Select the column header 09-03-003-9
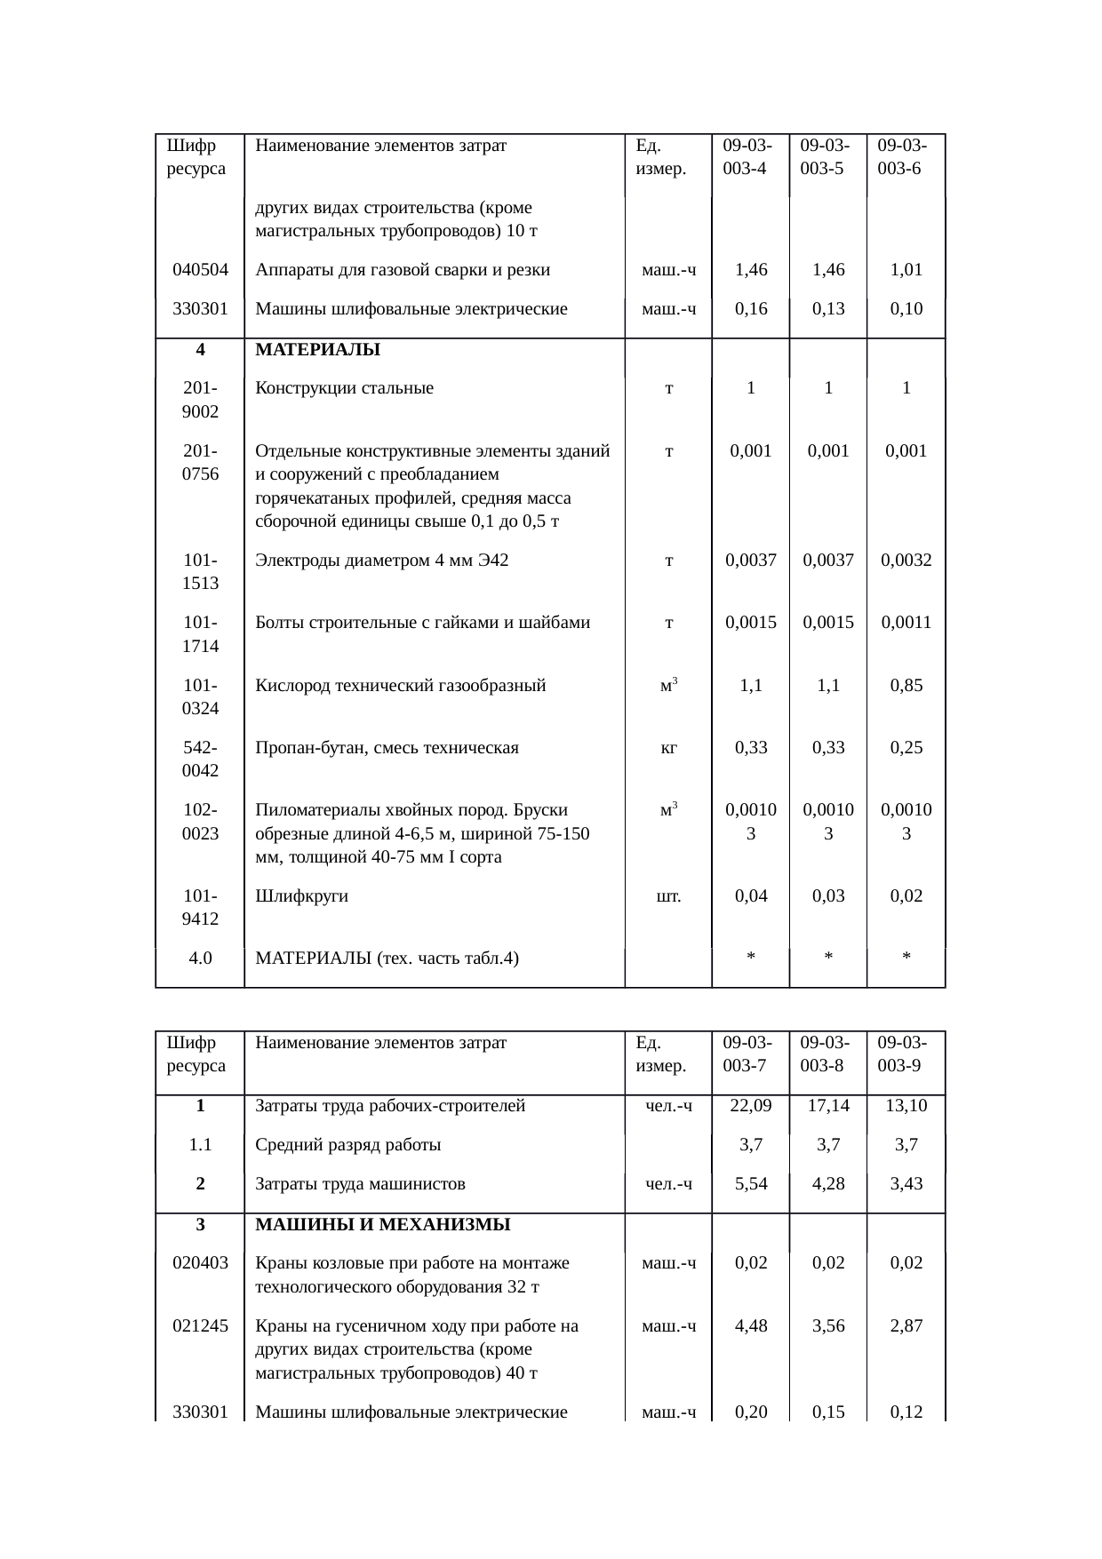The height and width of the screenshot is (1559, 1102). [902, 1054]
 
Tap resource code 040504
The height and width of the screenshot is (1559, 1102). [200, 270]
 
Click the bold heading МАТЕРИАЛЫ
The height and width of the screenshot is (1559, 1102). [317, 350]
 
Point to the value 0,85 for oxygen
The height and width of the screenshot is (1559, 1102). [906, 686]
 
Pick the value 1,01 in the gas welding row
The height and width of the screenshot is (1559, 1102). [906, 270]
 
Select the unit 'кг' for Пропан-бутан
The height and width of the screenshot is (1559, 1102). [668, 748]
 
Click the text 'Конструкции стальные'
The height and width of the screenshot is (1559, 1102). [344, 388]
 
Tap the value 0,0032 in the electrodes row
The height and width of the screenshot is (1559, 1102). [906, 561]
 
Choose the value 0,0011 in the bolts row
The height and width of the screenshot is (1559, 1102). [906, 623]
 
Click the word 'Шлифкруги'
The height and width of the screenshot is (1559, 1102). [301, 896]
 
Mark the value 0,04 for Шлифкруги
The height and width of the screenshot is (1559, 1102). [751, 896]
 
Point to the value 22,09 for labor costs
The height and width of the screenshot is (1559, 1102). [751, 1106]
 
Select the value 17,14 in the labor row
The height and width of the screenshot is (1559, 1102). [828, 1106]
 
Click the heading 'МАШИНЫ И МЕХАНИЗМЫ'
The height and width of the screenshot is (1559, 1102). [382, 1225]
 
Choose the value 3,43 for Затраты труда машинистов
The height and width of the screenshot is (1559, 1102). [906, 1184]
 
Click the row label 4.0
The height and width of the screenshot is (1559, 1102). [200, 958]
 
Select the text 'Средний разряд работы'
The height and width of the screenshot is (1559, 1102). [347, 1145]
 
